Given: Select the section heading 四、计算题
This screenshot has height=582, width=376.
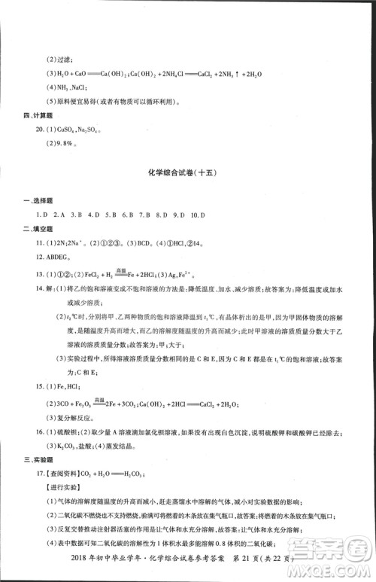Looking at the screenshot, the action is point(39,115).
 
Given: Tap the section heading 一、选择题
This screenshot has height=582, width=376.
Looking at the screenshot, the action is point(39,199).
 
